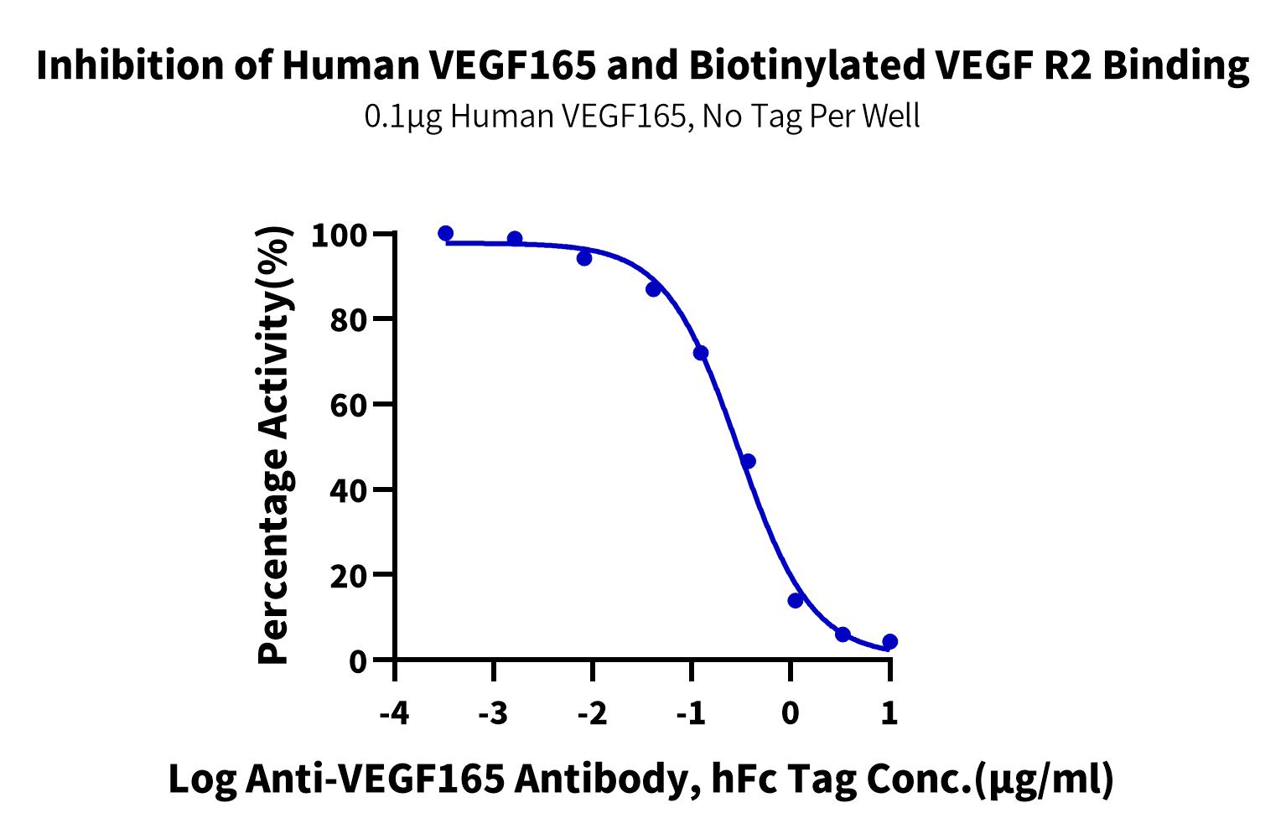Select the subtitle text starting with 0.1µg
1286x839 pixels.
pyautogui.click(x=642, y=117)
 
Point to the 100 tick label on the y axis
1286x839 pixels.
pyautogui.click(x=339, y=236)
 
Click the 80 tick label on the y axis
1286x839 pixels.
pyautogui.click(x=349, y=320)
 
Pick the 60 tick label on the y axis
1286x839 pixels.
pyautogui.click(x=349, y=406)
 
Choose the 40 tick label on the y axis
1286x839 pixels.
pyautogui.click(x=349, y=490)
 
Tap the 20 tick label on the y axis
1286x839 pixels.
pyautogui.click(x=349, y=576)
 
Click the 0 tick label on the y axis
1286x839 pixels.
pyautogui.click(x=358, y=661)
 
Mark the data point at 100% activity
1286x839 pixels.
pyautogui.click(x=446, y=233)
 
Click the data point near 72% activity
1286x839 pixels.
pyautogui.click(x=701, y=353)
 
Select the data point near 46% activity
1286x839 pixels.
pyautogui.click(x=748, y=462)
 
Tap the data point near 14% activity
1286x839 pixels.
pyautogui.click(x=796, y=600)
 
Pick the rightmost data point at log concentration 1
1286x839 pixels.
pyautogui.click(x=890, y=642)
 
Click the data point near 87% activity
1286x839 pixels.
pyautogui.click(x=653, y=289)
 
